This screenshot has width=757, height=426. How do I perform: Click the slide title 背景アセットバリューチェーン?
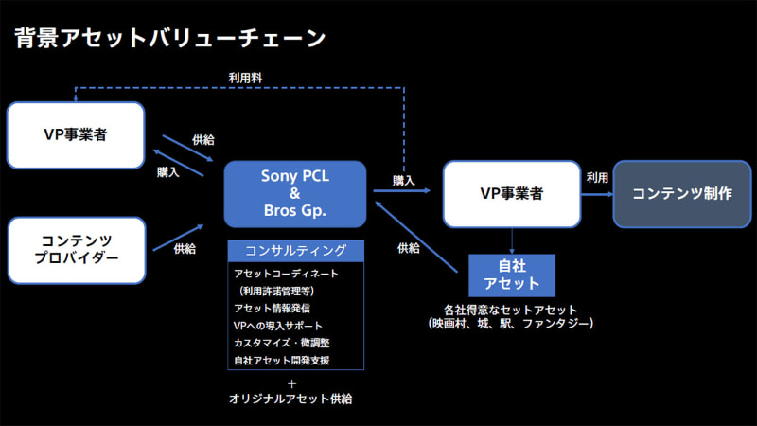pos(171,39)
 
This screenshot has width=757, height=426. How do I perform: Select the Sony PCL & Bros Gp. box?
pos(294,194)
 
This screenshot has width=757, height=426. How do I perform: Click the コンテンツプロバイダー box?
pos(76,250)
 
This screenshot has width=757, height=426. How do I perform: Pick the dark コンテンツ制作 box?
pos(681,193)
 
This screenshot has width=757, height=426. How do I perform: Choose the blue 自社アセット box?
pos(512,275)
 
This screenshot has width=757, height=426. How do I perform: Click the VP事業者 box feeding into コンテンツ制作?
pos(512,193)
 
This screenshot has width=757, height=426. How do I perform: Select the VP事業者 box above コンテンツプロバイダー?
pos(76,135)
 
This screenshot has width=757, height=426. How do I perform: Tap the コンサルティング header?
pos(294,251)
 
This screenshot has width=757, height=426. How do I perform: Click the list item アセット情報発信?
pos(272,308)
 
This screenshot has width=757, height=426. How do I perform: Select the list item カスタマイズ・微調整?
pos(281,343)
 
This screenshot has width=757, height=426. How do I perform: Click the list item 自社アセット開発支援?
pos(281,360)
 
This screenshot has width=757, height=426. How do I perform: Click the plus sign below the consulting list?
pos(291,383)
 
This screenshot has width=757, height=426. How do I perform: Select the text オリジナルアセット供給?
pos(291,399)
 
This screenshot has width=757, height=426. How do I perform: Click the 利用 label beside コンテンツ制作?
pos(596,177)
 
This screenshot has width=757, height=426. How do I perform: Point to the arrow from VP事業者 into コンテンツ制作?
pos(595,194)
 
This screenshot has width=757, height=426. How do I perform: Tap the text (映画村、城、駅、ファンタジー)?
pos(511,325)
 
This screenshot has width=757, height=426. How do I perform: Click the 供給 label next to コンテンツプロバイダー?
pos(185,248)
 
